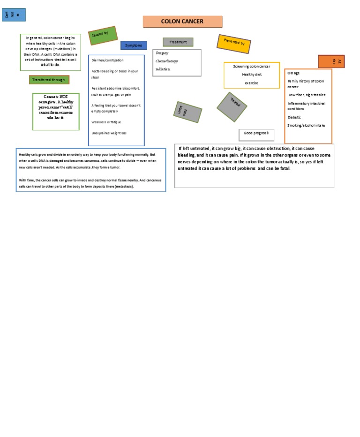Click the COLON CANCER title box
click(182, 22)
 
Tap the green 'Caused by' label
click(103, 36)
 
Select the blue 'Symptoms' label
click(134, 45)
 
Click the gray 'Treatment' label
click(178, 42)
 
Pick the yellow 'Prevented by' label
click(233, 44)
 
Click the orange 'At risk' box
click(331, 61)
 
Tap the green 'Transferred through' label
click(49, 80)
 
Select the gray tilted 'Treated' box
click(232, 107)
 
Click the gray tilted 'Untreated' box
click(187, 112)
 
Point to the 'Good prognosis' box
click(256, 134)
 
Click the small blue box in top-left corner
click(14, 15)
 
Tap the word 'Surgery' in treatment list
click(162, 53)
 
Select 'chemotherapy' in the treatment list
click(166, 61)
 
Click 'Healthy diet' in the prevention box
click(252, 75)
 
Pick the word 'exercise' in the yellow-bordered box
click(252, 83)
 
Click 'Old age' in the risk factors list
click(294, 73)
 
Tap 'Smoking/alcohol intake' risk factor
click(306, 126)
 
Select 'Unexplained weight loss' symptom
click(109, 133)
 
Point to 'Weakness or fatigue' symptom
click(106, 122)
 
